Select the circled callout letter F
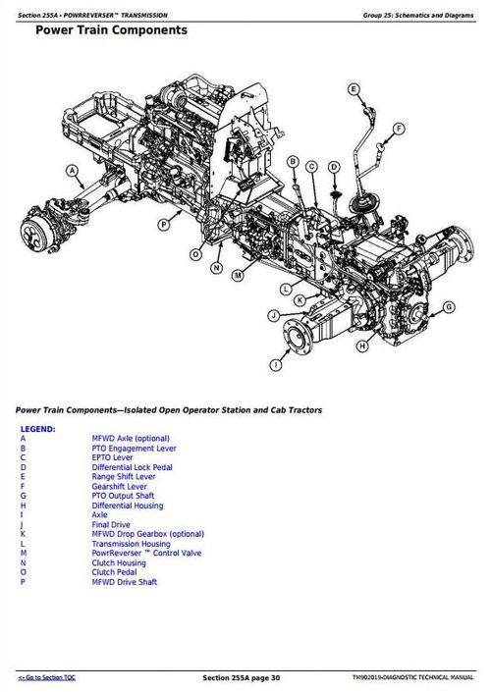pyautogui.click(x=400, y=129)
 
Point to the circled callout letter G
pyautogui.click(x=449, y=307)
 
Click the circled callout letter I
pyautogui.click(x=276, y=364)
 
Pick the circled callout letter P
pyautogui.click(x=164, y=225)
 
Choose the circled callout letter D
pyautogui.click(x=334, y=168)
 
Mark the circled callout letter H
pyautogui.click(x=362, y=345)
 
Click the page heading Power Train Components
pyautogui.click(x=111, y=30)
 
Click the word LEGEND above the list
pyautogui.click(x=37, y=429)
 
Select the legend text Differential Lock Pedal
pyautogui.click(x=132, y=467)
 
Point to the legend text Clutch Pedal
pyautogui.click(x=116, y=572)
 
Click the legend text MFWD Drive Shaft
pyautogui.click(x=125, y=582)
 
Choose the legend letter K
pyautogui.click(x=23, y=534)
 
